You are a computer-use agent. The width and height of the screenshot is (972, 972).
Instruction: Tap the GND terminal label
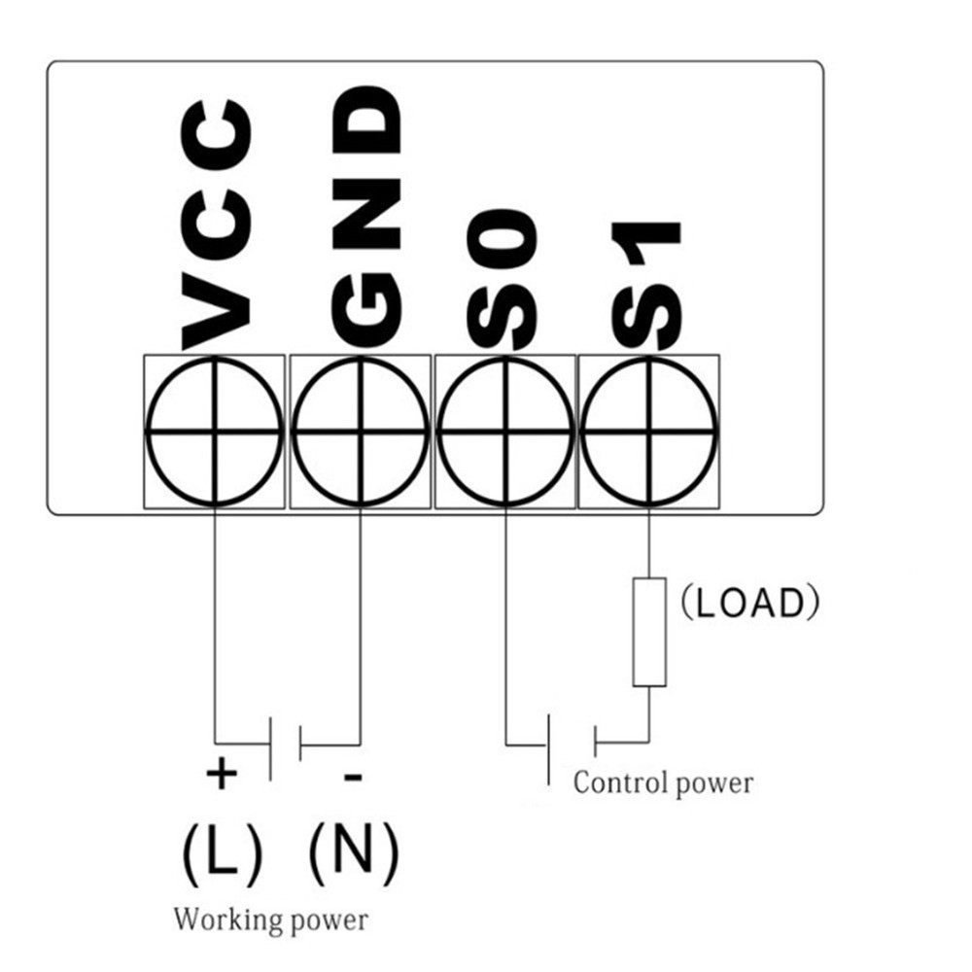coord(365,220)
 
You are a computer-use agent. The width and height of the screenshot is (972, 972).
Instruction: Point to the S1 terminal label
coord(646,286)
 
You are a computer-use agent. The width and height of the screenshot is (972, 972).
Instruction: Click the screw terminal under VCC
coord(215,431)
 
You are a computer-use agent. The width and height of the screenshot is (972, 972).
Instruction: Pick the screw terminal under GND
coord(361,431)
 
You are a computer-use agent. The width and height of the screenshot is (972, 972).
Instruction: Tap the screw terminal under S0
coord(504,431)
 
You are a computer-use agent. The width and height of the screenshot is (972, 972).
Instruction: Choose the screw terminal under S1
coord(648,431)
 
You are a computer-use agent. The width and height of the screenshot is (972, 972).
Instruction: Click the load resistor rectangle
coord(649,632)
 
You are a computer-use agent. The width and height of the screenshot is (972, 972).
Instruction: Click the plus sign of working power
coord(222,775)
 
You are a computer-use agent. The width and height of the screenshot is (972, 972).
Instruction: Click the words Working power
coord(271,919)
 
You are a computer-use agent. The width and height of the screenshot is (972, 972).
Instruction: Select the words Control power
coord(663,782)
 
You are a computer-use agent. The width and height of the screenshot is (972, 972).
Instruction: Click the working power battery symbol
coord(285,746)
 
